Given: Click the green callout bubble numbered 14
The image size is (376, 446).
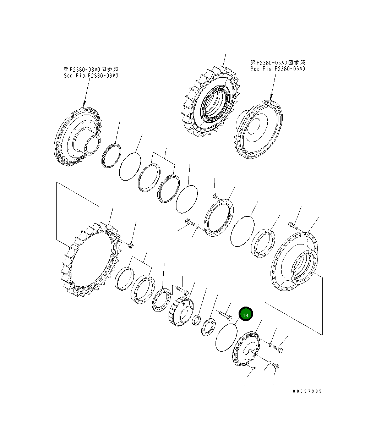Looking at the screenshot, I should coord(246,314).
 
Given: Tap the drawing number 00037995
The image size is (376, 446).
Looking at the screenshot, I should coord(307,391).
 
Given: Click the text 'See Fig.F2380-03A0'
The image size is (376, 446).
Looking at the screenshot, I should coord(91,76).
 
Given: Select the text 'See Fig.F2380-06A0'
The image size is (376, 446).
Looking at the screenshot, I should coord(277,69).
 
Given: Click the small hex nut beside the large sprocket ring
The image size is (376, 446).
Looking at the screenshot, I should coord(130,245).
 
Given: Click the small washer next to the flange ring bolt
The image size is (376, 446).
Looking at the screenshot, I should coord(198,227).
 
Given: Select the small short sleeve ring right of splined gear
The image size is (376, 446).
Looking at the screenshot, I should coord(197,321).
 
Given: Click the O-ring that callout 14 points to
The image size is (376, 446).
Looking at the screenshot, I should coord(226,339).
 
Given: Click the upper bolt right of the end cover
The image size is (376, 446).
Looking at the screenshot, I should coord(279,349).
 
